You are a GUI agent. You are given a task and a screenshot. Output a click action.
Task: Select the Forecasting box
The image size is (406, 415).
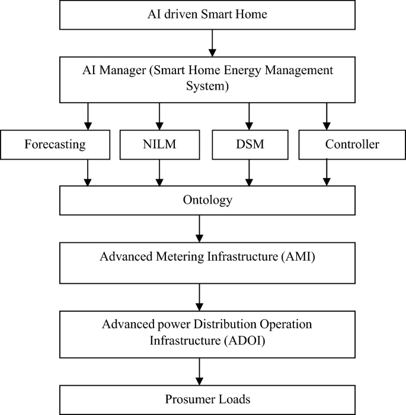pyautogui.click(x=56, y=144)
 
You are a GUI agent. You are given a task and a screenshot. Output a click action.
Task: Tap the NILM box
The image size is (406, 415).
pyautogui.click(x=159, y=144)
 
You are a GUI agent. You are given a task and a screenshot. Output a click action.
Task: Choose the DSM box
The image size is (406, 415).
pyautogui.click(x=249, y=144)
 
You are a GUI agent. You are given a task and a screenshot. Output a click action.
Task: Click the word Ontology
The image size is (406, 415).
pyautogui.click(x=207, y=200)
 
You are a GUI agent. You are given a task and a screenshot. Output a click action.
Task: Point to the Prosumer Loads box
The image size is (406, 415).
pyautogui.click(x=207, y=400)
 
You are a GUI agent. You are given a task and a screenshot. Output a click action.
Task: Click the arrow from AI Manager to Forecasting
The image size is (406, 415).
pyautogui.click(x=88, y=116)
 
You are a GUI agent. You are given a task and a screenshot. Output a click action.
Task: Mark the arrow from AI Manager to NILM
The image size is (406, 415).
pyautogui.click(x=159, y=116)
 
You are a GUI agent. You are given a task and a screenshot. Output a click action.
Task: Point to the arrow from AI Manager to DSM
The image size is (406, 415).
pyautogui.click(x=249, y=116)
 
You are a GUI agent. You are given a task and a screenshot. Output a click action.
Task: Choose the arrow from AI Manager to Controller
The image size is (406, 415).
pyautogui.click(x=326, y=116)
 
